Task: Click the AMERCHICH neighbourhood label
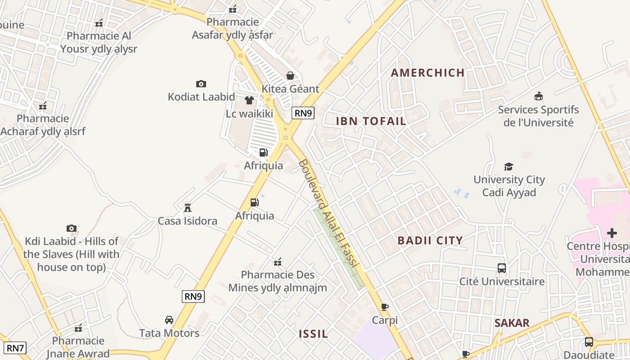click(427, 73)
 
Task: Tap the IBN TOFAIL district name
click(371, 121)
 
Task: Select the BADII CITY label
click(430, 240)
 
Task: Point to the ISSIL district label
click(313, 334)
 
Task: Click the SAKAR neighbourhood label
click(512, 323)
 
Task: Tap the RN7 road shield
click(15, 348)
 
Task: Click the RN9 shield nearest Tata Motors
click(193, 296)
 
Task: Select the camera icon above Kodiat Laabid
click(201, 84)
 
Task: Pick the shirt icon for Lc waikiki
click(249, 100)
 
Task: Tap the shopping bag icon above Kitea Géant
click(290, 76)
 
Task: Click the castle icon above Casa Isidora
click(188, 208)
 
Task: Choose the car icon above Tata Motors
click(169, 320)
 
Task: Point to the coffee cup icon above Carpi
click(385, 307)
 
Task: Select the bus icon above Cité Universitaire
click(502, 268)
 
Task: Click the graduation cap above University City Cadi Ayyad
click(509, 166)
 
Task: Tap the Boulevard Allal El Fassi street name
click(327, 214)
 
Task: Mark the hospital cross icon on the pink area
click(612, 233)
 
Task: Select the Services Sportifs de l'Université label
click(538, 116)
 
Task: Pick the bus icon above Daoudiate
click(589, 342)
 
